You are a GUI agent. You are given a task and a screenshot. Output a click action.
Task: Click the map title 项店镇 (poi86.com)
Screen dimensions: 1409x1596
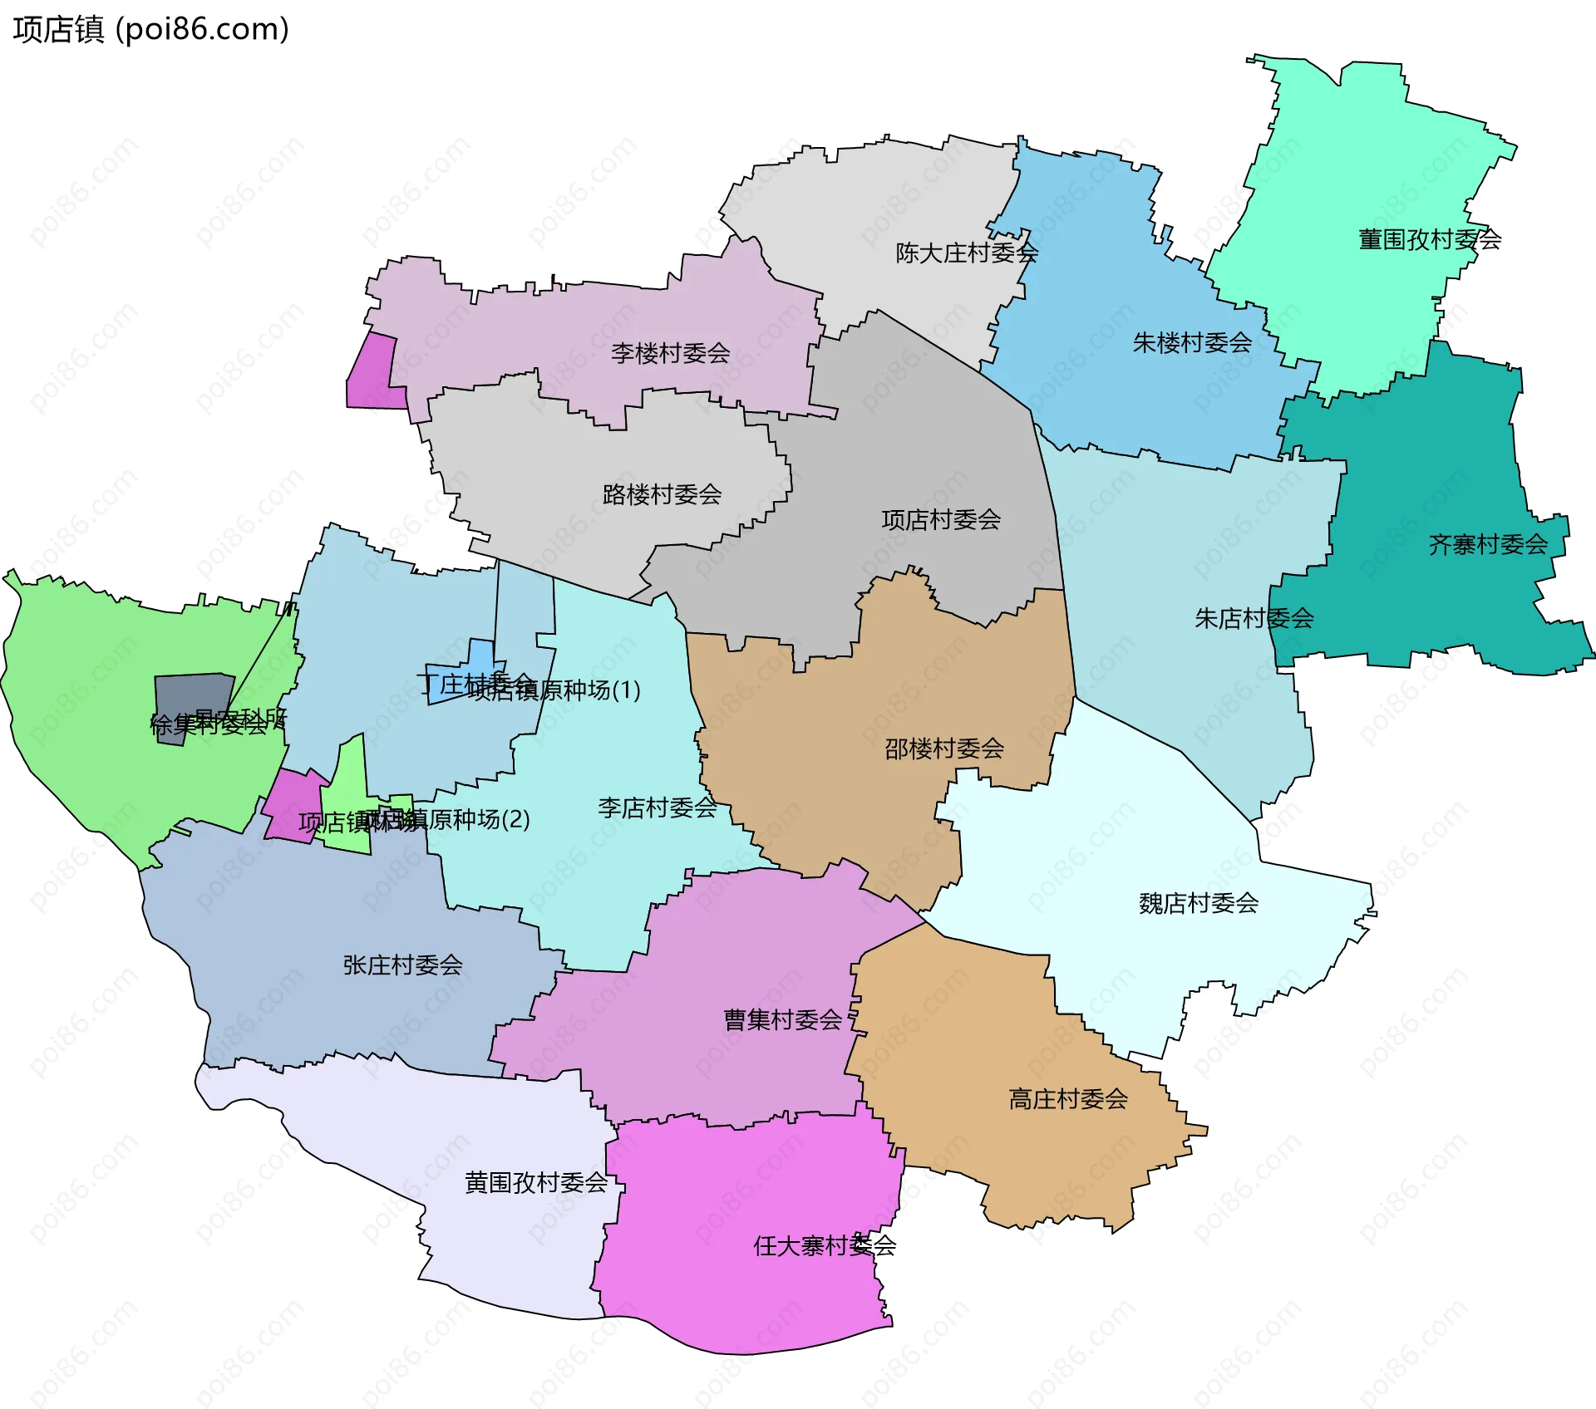pos(150,29)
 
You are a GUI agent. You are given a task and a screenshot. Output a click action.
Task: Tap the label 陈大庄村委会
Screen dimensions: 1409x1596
pos(967,253)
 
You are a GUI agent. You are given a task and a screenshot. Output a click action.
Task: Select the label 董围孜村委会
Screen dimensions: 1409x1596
pos(1429,239)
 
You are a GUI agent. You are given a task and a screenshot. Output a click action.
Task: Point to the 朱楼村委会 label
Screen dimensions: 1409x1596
pos(1192,342)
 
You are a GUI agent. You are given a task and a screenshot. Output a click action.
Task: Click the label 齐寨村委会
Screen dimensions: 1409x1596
pos(1488,544)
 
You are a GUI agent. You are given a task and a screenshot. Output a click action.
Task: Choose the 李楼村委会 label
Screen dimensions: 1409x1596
pos(670,353)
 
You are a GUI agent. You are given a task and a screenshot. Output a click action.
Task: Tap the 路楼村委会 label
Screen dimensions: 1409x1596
pos(662,494)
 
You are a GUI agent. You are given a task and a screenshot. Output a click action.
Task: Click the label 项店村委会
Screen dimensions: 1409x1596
pos(941,519)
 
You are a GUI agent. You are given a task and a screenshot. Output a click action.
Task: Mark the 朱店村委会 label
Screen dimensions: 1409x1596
pos(1254,618)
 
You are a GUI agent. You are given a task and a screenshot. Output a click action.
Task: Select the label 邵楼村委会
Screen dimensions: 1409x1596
pos(944,749)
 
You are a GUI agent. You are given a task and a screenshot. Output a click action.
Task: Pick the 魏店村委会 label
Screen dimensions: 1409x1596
pos(1199,903)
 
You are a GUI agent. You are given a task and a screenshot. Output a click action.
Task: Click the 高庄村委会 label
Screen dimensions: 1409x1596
pos(1068,1099)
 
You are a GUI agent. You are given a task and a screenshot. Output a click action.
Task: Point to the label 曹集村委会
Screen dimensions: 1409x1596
pos(783,1019)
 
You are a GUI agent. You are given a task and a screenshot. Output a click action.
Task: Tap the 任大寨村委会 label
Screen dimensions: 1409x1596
pos(825,1245)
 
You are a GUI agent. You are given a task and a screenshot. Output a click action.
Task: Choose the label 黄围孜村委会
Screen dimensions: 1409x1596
pos(536,1182)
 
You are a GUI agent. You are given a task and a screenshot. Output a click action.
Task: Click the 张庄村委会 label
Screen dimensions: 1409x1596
pos(402,965)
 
